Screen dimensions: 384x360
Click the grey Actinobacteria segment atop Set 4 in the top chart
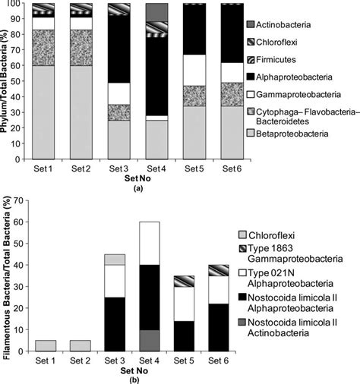tap(156, 12)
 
